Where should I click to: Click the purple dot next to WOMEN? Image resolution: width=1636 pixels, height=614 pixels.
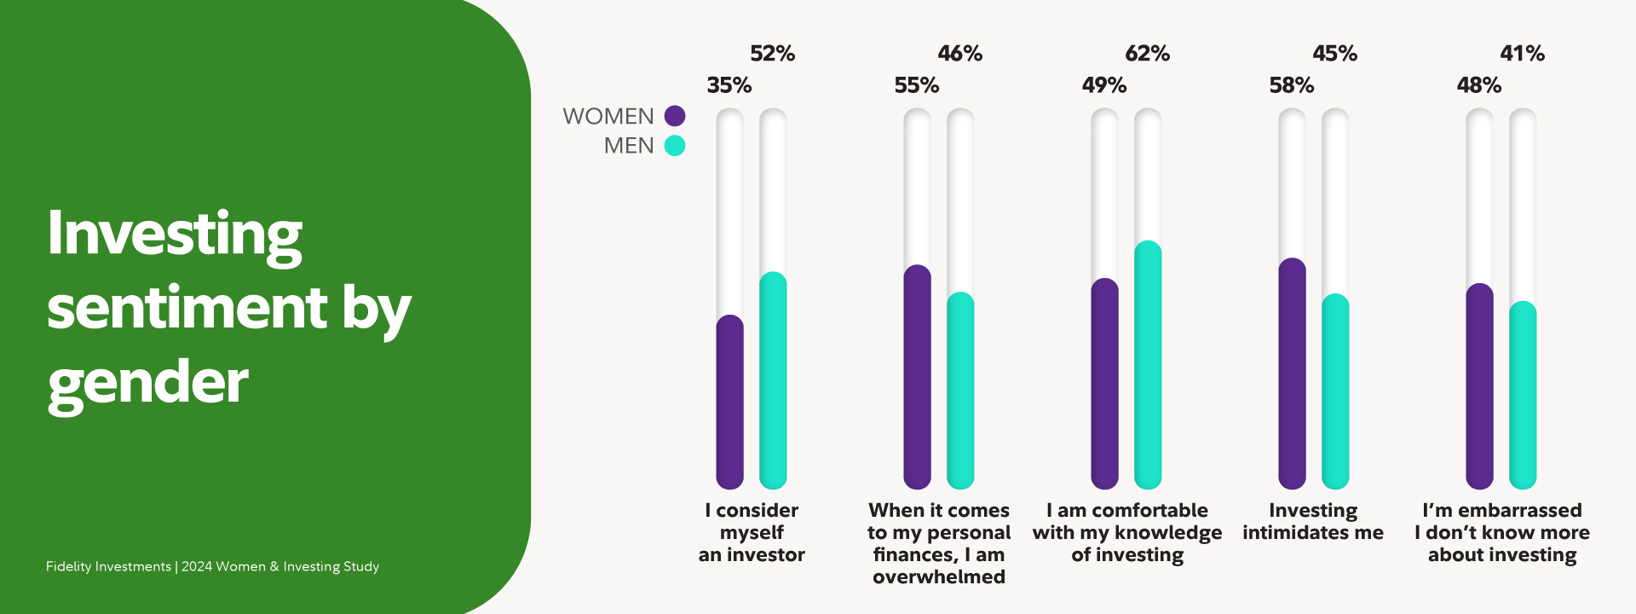click(x=675, y=116)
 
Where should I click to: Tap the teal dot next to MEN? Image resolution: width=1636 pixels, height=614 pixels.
click(x=675, y=146)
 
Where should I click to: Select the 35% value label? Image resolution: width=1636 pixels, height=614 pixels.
click(x=729, y=85)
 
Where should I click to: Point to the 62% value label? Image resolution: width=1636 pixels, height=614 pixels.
click(x=1147, y=54)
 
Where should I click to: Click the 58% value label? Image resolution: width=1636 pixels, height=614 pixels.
click(x=1292, y=85)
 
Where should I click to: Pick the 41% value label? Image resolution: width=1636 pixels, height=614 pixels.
click(x=1522, y=54)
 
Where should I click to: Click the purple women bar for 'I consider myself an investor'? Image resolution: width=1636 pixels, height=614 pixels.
click(x=730, y=402)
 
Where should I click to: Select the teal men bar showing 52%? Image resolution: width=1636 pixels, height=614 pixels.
click(x=773, y=380)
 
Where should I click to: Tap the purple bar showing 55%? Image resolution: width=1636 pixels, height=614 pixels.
click(x=918, y=377)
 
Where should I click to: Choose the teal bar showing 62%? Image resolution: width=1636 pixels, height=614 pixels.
click(x=1148, y=365)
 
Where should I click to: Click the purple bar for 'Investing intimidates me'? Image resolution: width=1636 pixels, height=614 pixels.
click(x=1293, y=374)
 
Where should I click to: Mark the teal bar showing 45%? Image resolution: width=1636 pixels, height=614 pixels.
click(x=1335, y=391)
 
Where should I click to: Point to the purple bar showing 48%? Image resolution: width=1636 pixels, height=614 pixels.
click(x=1480, y=386)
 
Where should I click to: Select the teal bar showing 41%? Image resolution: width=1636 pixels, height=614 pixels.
click(x=1523, y=395)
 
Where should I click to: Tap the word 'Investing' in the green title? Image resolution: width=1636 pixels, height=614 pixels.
click(x=175, y=236)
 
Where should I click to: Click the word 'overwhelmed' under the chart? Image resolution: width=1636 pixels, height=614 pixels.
click(x=939, y=577)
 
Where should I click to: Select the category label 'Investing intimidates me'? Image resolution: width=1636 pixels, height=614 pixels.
click(x=1313, y=522)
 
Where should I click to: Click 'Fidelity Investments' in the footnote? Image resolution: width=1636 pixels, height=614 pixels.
click(x=108, y=566)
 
